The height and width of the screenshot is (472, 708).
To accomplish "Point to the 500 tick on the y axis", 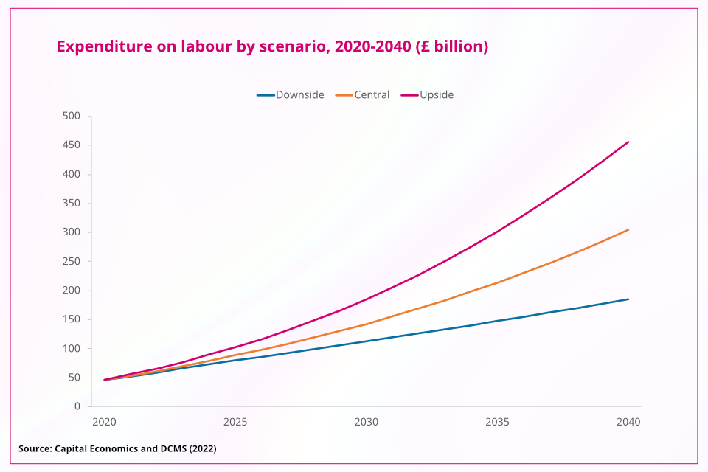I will click(x=72, y=117).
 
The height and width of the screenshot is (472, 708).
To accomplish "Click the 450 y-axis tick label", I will click(x=72, y=145).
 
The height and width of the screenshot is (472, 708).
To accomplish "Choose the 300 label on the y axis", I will click(x=72, y=232).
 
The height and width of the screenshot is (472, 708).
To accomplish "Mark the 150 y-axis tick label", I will click(x=72, y=319).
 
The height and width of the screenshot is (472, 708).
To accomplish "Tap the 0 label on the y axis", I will click(x=77, y=406).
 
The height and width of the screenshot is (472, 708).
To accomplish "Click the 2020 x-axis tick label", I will click(x=104, y=423).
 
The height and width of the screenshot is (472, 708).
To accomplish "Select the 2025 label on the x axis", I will click(x=235, y=423).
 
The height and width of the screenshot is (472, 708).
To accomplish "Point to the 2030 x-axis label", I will click(x=367, y=423).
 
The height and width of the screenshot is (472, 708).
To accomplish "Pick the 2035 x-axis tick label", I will click(x=498, y=423).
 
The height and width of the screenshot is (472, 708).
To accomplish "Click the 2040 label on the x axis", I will click(x=628, y=423).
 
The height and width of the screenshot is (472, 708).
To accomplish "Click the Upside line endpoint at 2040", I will click(x=628, y=142).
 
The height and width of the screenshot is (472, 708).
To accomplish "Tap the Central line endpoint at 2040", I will click(x=628, y=229).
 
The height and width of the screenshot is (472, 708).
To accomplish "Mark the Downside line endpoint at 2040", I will click(x=628, y=299).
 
